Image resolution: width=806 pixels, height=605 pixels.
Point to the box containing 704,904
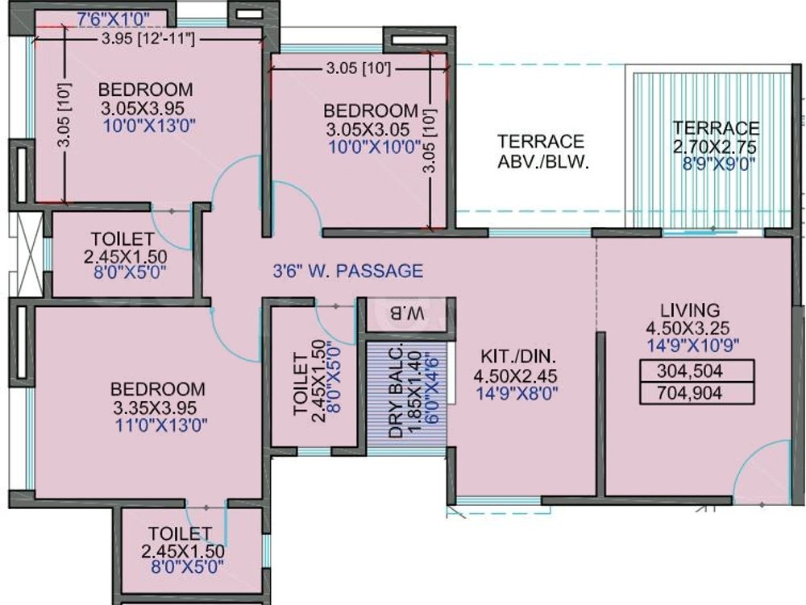click(x=696, y=393)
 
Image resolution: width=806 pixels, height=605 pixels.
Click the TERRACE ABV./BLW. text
click(x=541, y=151)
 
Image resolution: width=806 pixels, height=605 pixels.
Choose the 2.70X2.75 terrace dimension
click(x=716, y=147)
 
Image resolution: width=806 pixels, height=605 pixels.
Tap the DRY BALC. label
click(x=396, y=395)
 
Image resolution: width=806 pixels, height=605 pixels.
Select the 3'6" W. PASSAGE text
click(x=347, y=271)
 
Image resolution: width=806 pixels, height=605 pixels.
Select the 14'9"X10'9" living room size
click(x=692, y=346)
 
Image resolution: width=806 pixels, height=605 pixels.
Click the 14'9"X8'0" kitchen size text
click(x=519, y=393)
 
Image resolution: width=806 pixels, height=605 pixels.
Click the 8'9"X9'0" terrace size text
click(x=716, y=164)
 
